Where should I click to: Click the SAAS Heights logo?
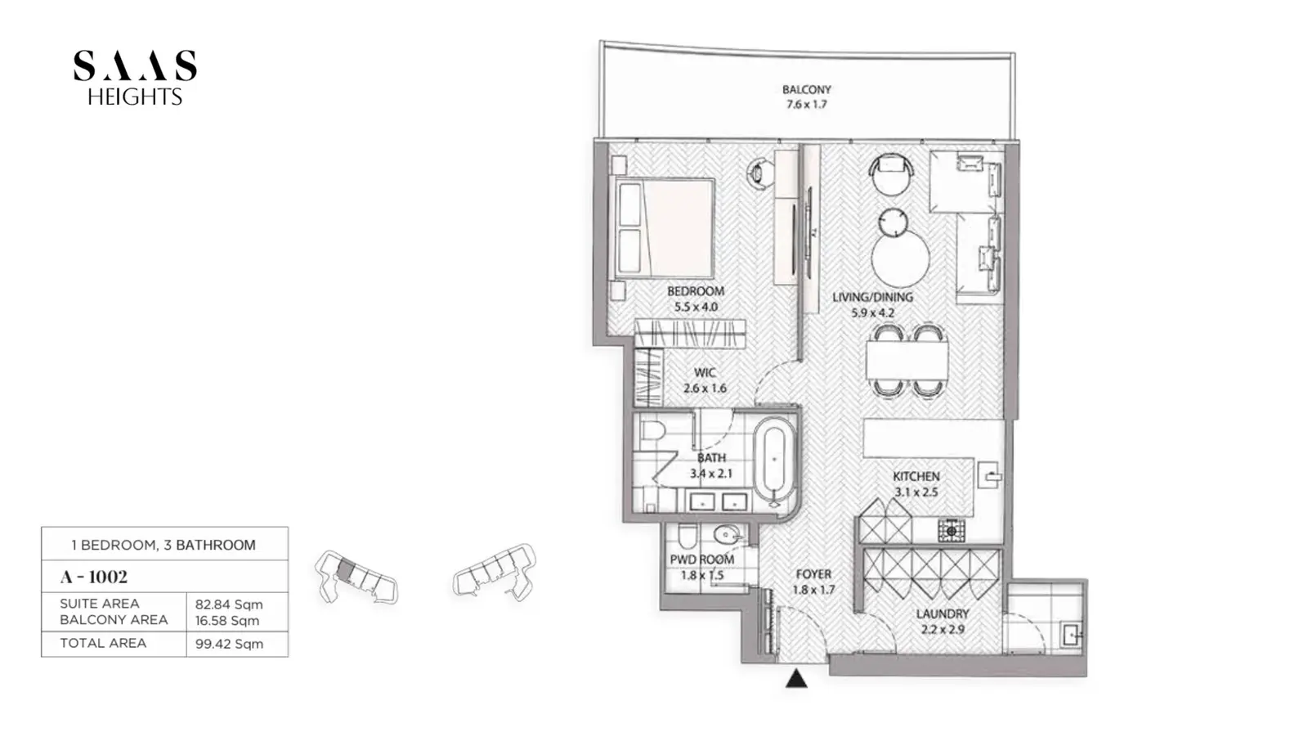(135, 78)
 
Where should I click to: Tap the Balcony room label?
(806, 90)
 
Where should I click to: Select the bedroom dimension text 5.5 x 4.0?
(696, 307)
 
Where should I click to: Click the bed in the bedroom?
(662, 227)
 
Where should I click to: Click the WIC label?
(705, 372)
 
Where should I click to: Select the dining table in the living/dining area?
(907, 361)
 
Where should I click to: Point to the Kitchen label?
(916, 476)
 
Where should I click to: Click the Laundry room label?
(943, 613)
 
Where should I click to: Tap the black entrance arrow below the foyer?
(796, 679)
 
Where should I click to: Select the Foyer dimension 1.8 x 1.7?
(813, 590)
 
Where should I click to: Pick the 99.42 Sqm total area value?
(229, 644)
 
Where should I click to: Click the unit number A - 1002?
(93, 577)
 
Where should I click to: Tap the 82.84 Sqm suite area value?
(229, 604)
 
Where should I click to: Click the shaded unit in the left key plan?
(346, 570)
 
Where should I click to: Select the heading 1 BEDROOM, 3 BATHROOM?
(163, 545)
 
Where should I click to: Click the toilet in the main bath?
(653, 430)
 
